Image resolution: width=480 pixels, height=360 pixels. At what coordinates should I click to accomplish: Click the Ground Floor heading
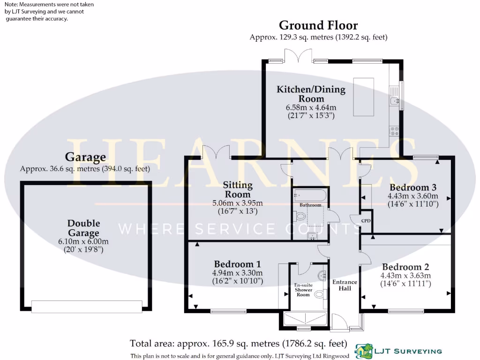tap(318, 25)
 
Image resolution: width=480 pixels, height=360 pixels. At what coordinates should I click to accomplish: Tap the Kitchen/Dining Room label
tap(311, 94)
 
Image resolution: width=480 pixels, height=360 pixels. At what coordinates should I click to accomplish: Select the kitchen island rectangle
tap(364, 97)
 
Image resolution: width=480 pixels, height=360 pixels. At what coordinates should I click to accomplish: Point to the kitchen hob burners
tap(394, 131)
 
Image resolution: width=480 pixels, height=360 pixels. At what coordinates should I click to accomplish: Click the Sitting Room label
tap(238, 190)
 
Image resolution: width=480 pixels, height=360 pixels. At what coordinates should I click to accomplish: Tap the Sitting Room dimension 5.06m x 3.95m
tap(238, 203)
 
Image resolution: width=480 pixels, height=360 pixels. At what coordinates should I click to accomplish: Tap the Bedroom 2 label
tap(405, 267)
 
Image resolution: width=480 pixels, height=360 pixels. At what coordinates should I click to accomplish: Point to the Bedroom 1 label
tap(237, 264)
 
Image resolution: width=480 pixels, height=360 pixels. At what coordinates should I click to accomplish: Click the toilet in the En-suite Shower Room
tap(320, 294)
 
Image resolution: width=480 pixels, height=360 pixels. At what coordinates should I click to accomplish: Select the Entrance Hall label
tap(345, 285)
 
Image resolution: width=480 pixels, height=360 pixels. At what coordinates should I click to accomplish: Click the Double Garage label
tap(83, 228)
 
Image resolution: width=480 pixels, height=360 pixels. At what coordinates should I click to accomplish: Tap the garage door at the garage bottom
tap(87, 306)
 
